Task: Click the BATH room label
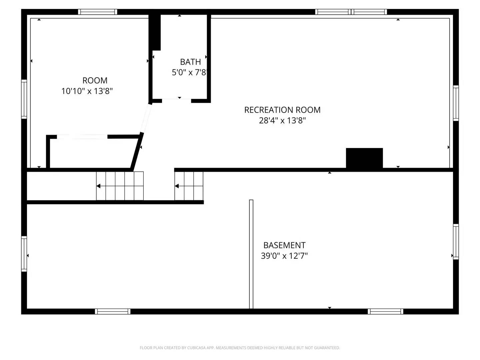click(x=190, y=62)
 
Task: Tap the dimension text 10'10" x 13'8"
click(x=87, y=91)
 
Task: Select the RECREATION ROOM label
click(x=282, y=110)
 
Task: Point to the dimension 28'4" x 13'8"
click(x=282, y=120)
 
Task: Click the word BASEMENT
click(x=284, y=245)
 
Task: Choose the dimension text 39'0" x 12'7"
click(x=284, y=256)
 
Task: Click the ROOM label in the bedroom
click(x=95, y=81)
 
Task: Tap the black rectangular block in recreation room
click(x=364, y=158)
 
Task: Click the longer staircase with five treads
click(x=120, y=186)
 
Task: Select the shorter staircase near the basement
click(x=189, y=186)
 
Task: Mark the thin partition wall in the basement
click(x=251, y=254)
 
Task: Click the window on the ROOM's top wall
click(x=98, y=12)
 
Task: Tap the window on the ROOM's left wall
click(x=24, y=99)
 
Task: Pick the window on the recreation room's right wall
click(x=456, y=103)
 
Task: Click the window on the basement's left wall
click(x=24, y=254)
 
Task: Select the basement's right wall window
click(x=456, y=242)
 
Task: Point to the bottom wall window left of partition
click(x=113, y=312)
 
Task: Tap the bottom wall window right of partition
click(x=386, y=312)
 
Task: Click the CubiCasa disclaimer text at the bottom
click(x=240, y=348)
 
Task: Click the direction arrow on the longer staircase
click(x=99, y=186)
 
